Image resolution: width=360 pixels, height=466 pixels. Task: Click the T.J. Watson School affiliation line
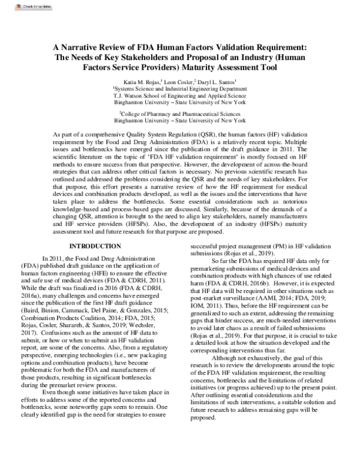tap(180, 95)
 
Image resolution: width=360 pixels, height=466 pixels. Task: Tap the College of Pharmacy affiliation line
tap(180, 112)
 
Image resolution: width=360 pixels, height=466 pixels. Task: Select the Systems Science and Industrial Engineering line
tap(180, 88)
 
